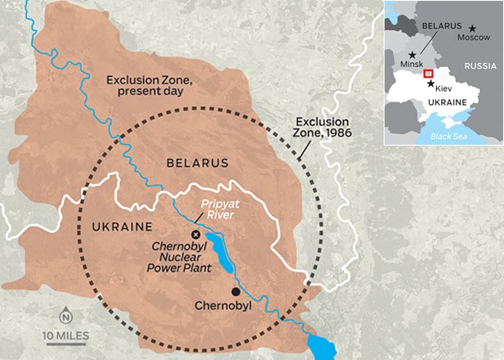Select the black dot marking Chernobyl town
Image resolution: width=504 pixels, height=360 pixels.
[236, 291]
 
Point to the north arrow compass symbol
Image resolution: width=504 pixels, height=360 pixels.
[65, 316]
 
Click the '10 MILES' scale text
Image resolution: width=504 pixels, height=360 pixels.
[66, 335]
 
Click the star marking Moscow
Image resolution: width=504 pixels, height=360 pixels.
[472, 28]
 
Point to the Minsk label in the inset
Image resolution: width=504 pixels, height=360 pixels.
[413, 63]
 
